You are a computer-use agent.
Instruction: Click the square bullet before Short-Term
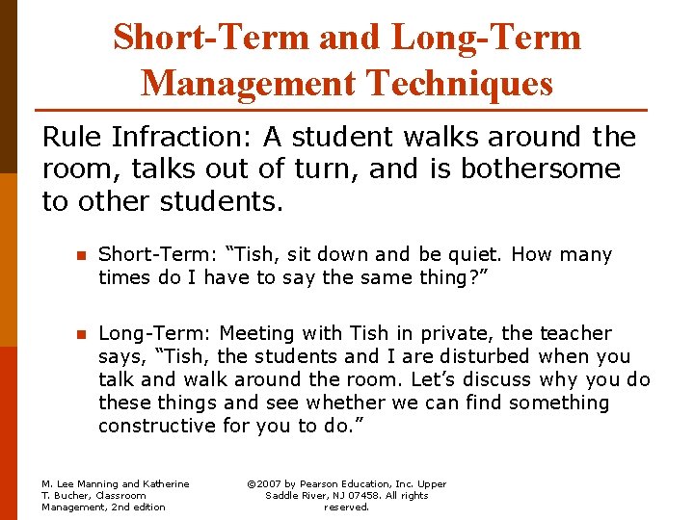82,256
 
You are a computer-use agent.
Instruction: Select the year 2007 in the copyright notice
274,484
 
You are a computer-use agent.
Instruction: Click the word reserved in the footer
347,507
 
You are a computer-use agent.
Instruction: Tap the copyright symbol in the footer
253,484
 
